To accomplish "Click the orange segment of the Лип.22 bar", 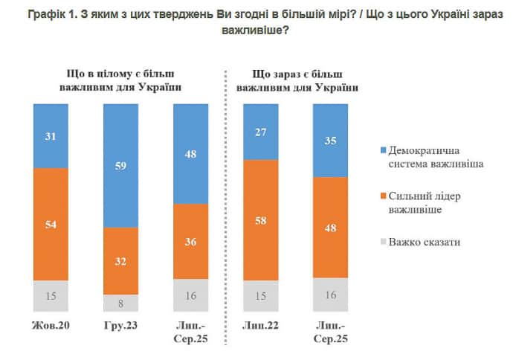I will click(x=261, y=220).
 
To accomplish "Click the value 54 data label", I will click(x=51, y=225).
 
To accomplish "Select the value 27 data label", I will click(x=261, y=132).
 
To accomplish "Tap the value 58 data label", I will click(x=261, y=220).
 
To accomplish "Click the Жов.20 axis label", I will click(x=51, y=326).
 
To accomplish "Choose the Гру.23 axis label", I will click(x=120, y=326).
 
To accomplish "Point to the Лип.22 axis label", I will click(x=261, y=326).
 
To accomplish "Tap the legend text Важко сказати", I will click(x=417, y=242).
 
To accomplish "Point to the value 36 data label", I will click(x=190, y=241).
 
